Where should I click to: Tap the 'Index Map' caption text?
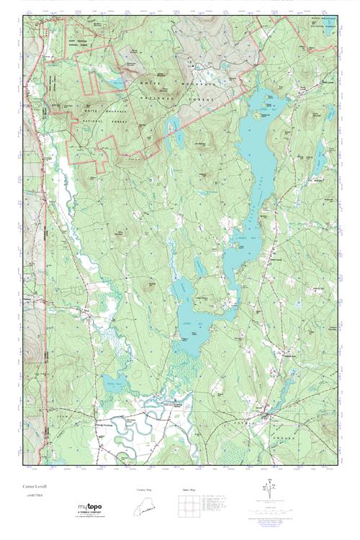coord(189,490)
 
